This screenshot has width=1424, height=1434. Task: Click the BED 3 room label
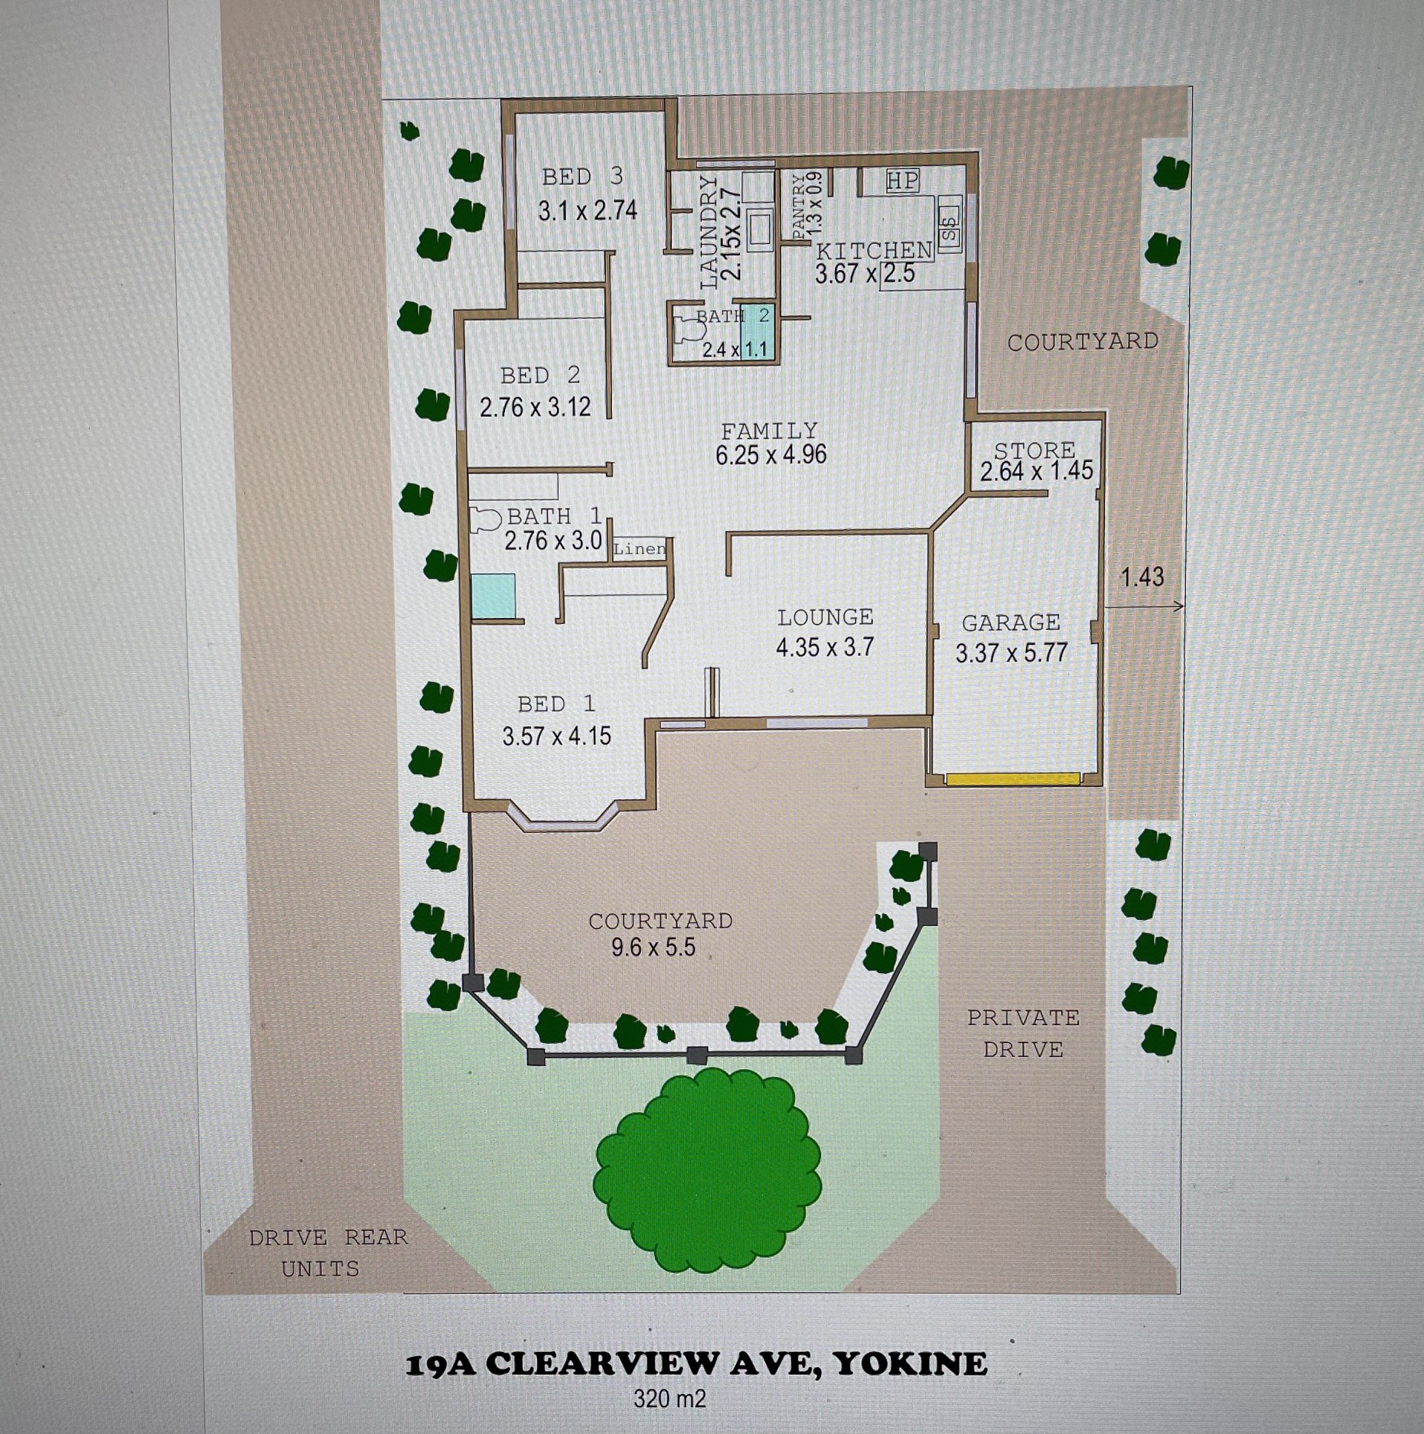click(x=582, y=177)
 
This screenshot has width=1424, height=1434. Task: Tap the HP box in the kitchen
click(x=903, y=180)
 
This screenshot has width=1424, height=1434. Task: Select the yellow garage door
click(x=1012, y=779)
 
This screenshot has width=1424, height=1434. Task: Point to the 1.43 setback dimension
click(x=1142, y=576)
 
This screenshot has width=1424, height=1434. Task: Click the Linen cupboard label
click(x=639, y=549)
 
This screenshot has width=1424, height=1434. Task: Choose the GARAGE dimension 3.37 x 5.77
click(x=1012, y=653)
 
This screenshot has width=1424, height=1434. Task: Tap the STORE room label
click(x=1035, y=450)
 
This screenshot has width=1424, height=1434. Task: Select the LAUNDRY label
click(x=709, y=232)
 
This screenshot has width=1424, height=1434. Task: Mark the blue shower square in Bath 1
click(x=493, y=595)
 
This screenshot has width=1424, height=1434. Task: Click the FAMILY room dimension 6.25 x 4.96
click(x=771, y=454)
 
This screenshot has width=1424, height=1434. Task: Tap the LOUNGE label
click(x=825, y=616)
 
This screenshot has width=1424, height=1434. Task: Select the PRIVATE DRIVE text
click(x=1023, y=1033)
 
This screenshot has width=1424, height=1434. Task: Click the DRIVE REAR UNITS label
click(x=328, y=1252)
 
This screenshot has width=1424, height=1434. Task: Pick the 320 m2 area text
click(x=669, y=1399)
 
